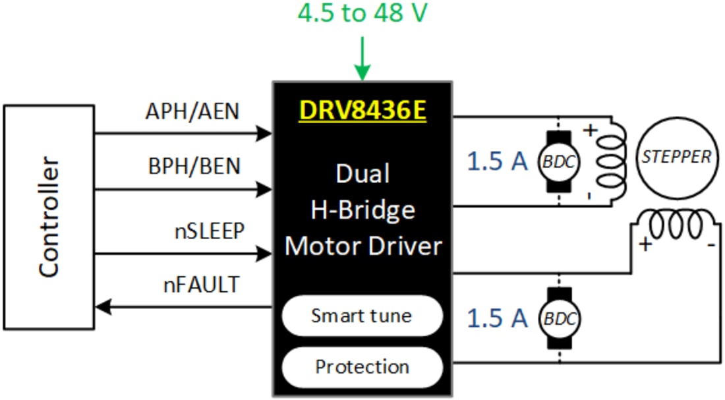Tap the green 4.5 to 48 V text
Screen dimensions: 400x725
coord(363,13)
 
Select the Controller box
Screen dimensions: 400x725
coord(49,217)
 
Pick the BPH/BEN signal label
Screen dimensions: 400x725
coord(194,167)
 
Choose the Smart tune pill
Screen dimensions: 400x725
coord(362,315)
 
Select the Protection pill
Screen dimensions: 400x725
coord(362,366)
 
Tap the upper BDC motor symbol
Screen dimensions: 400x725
coord(558,161)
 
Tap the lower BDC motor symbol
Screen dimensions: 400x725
coord(558,318)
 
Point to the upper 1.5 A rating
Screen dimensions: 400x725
coord(498,161)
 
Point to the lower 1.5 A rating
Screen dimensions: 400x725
coord(498,318)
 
